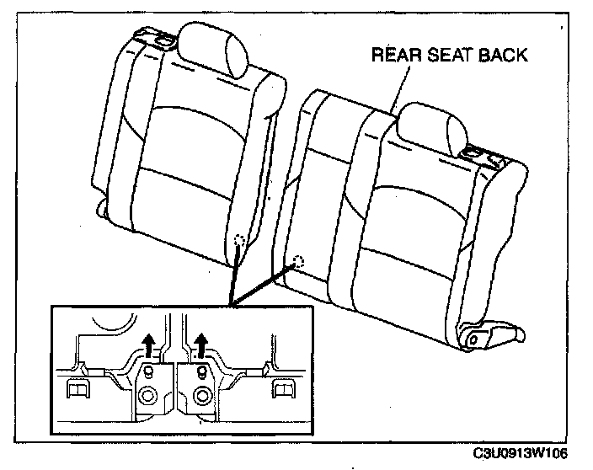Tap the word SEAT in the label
click(446, 56)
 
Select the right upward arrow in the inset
click(202, 342)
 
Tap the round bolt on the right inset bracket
click(202, 394)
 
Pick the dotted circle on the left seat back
click(239, 242)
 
